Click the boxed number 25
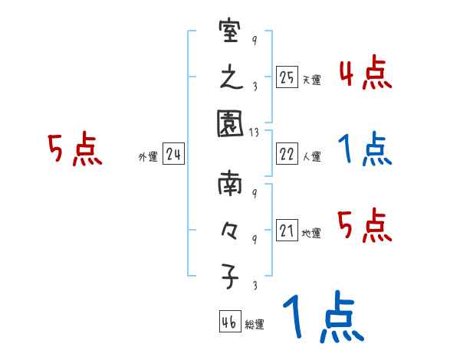[x=287, y=77]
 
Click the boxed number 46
[x=228, y=322]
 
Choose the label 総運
[x=254, y=325]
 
